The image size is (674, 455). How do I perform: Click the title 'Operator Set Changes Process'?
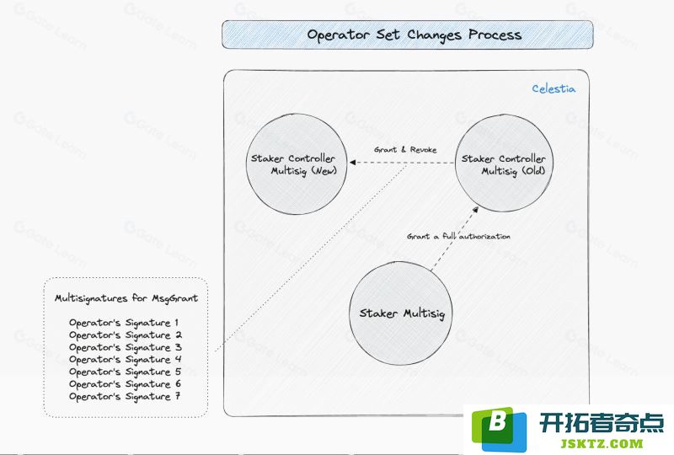pos(414,35)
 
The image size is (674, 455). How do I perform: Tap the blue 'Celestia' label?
pos(554,88)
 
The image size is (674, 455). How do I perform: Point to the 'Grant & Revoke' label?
pos(405,150)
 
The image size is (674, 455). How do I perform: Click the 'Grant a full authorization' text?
pos(458,236)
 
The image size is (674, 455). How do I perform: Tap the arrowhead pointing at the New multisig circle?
pos(352,163)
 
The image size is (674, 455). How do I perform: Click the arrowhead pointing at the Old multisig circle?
pos(475,210)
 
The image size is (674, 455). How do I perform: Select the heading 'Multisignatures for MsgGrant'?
pos(126,298)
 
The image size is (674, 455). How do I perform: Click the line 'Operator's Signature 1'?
pos(124,323)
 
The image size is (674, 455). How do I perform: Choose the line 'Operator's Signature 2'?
pos(125,335)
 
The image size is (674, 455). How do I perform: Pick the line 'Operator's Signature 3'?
pos(125,347)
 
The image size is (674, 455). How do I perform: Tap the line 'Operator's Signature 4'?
pos(125,360)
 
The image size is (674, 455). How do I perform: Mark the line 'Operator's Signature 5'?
pos(125,372)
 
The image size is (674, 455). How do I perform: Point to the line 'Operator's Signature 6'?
pos(125,384)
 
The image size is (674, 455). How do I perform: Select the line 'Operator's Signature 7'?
pos(125,397)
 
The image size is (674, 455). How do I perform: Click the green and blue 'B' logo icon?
pos(499,428)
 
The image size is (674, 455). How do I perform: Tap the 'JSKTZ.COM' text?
pos(602,443)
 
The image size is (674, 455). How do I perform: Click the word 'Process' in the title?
pos(495,35)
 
